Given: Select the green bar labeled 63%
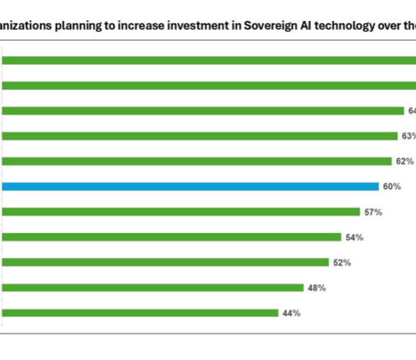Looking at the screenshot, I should [x=199, y=136].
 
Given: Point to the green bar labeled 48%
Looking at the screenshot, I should [x=153, y=288].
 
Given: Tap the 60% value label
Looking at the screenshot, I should [x=391, y=186].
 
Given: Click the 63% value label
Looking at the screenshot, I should [x=408, y=136].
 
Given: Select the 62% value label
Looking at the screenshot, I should [x=404, y=161].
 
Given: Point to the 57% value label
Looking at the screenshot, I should [x=372, y=212].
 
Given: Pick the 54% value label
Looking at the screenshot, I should [x=354, y=237].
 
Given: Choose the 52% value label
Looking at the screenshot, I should [x=341, y=263].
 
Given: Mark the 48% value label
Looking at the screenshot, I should [x=316, y=288].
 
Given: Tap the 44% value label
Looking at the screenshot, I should [x=291, y=313].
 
